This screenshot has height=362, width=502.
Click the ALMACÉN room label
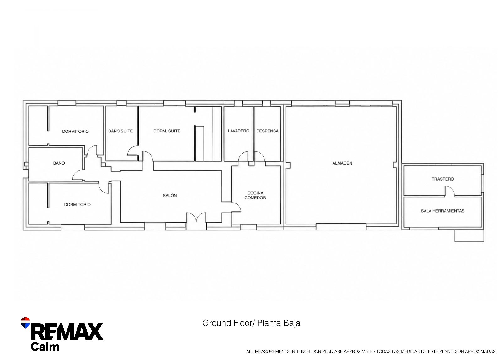point(342,163)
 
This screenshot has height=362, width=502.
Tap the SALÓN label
point(170,196)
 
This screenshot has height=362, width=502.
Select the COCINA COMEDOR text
point(255,195)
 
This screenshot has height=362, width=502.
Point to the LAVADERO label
point(239,131)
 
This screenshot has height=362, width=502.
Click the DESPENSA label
point(267,131)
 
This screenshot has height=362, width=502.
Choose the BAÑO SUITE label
point(120,131)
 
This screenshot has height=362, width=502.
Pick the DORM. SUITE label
point(167,131)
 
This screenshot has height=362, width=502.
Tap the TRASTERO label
point(443,179)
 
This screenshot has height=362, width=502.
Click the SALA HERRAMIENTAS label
point(443,211)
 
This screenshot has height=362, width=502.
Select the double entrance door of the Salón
point(196,217)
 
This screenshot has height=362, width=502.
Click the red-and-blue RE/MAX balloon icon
point(25,323)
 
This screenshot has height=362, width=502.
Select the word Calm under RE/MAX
point(45,347)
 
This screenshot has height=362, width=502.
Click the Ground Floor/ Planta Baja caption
point(251,323)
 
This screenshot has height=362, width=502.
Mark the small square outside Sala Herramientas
point(469,235)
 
